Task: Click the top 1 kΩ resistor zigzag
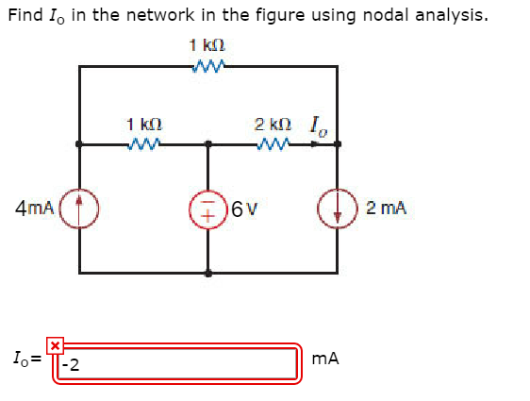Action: coord(207,66)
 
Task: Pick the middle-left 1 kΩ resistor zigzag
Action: coord(143,144)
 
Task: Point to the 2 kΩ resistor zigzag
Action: coord(273,144)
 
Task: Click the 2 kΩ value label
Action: coord(272,124)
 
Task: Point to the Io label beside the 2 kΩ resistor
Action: coord(316,123)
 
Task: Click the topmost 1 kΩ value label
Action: coord(207,45)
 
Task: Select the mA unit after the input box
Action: coord(323,359)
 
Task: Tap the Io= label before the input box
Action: coord(25,359)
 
